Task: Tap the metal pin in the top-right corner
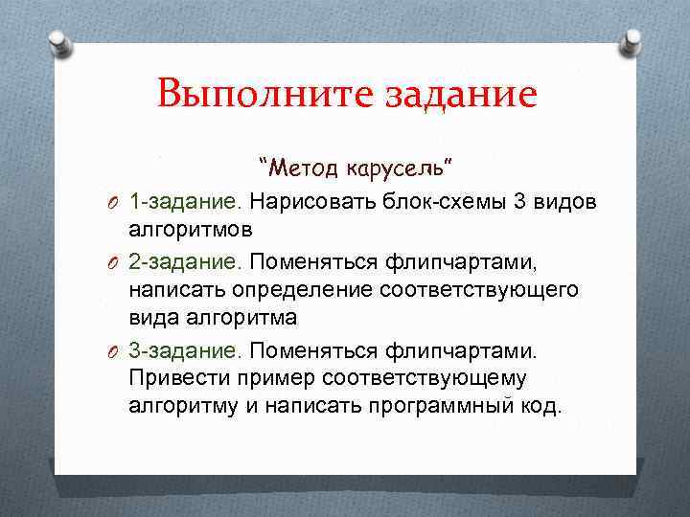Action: click(x=633, y=40)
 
